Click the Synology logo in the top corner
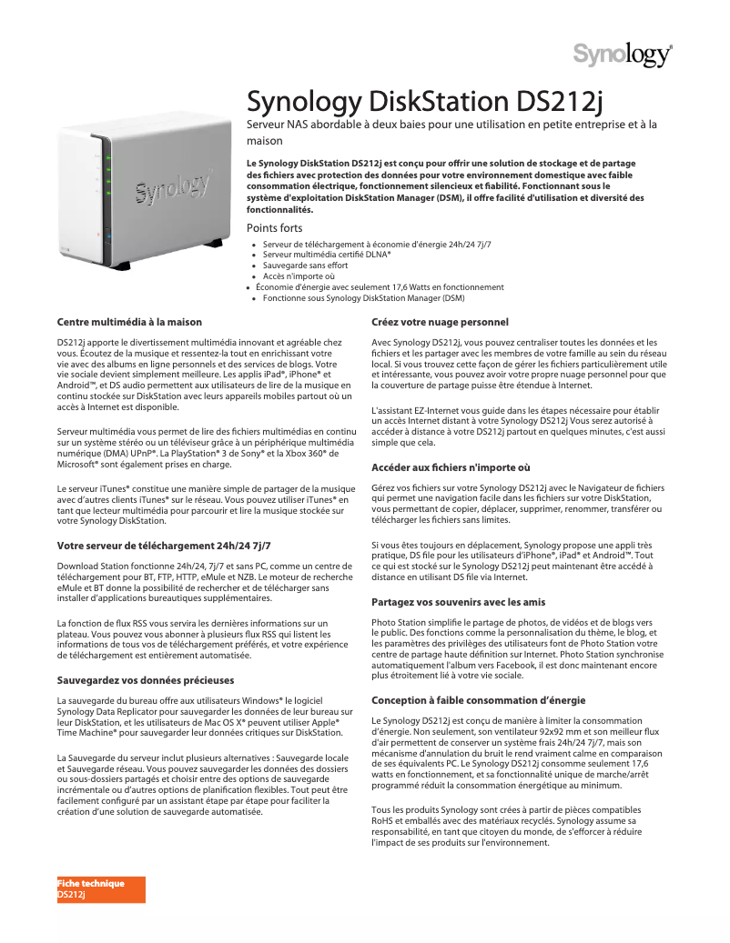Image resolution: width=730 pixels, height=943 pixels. click(623, 55)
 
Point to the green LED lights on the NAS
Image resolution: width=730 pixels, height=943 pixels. click(108, 176)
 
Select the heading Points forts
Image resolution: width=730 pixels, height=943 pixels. click(275, 228)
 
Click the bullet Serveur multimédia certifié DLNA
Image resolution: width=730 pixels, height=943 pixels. click(327, 256)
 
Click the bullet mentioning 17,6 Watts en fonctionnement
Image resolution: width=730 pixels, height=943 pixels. click(380, 286)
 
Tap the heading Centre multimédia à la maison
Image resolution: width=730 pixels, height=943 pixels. click(129, 322)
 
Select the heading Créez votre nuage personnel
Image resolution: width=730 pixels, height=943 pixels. click(440, 322)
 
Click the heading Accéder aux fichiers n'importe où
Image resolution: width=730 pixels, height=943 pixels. click(451, 467)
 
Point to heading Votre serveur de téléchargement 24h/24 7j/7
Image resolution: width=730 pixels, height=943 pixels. click(164, 546)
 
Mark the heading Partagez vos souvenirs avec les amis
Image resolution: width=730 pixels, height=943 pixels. click(459, 602)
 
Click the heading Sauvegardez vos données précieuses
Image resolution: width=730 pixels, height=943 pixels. click(146, 679)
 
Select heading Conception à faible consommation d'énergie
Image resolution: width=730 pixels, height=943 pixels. click(478, 700)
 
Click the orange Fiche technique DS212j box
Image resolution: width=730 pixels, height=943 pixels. click(100, 889)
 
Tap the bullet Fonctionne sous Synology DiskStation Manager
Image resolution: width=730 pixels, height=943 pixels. click(363, 297)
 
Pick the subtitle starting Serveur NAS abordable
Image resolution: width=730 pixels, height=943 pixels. click(452, 132)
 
